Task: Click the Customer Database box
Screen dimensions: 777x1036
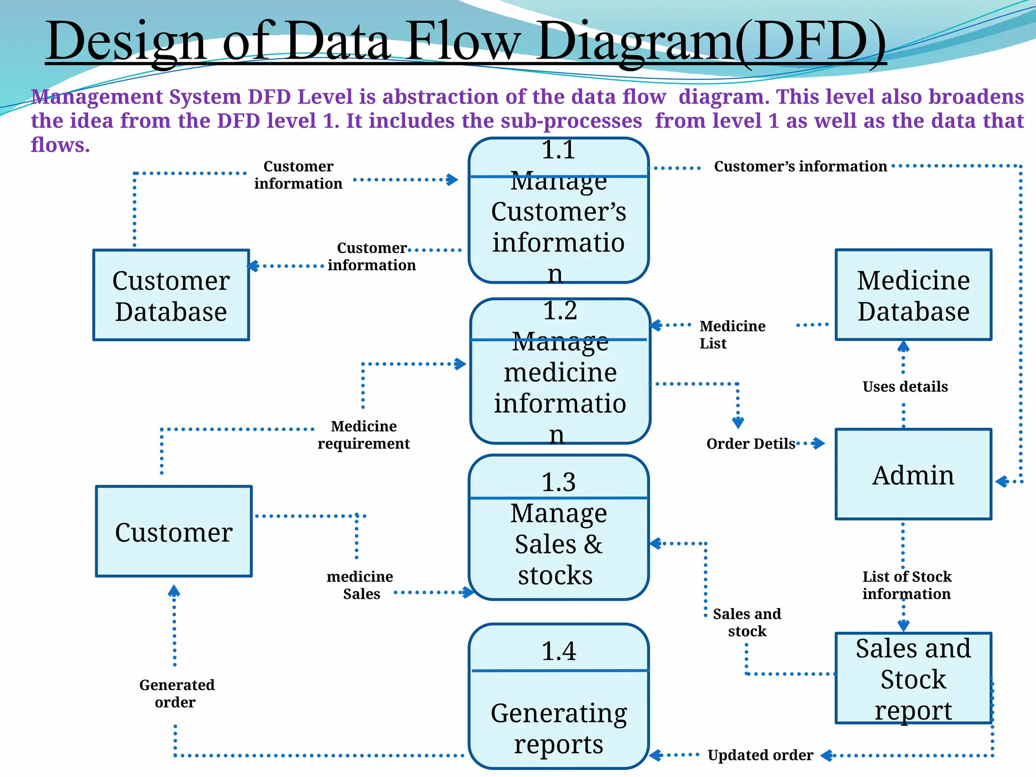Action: point(171,295)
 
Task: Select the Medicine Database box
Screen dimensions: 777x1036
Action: point(913,295)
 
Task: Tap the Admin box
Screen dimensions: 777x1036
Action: point(913,474)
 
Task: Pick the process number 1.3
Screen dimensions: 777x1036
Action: point(558,482)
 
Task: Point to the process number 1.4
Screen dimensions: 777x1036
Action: point(558,651)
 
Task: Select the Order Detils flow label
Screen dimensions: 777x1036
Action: point(751,444)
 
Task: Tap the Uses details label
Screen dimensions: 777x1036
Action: point(905,386)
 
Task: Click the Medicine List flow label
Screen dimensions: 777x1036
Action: point(731,334)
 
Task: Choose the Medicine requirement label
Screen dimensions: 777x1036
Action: point(363,435)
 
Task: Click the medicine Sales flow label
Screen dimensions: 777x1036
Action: point(360,585)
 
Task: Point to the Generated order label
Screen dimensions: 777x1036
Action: point(177,693)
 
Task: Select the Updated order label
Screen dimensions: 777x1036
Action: point(760,755)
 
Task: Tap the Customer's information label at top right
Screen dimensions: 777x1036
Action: point(800,166)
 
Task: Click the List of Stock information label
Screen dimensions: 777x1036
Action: point(906,585)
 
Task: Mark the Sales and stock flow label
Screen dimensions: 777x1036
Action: point(747,622)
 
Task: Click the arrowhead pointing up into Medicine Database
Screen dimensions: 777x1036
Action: point(903,347)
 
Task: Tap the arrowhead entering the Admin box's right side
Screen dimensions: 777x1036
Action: point(1001,482)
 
